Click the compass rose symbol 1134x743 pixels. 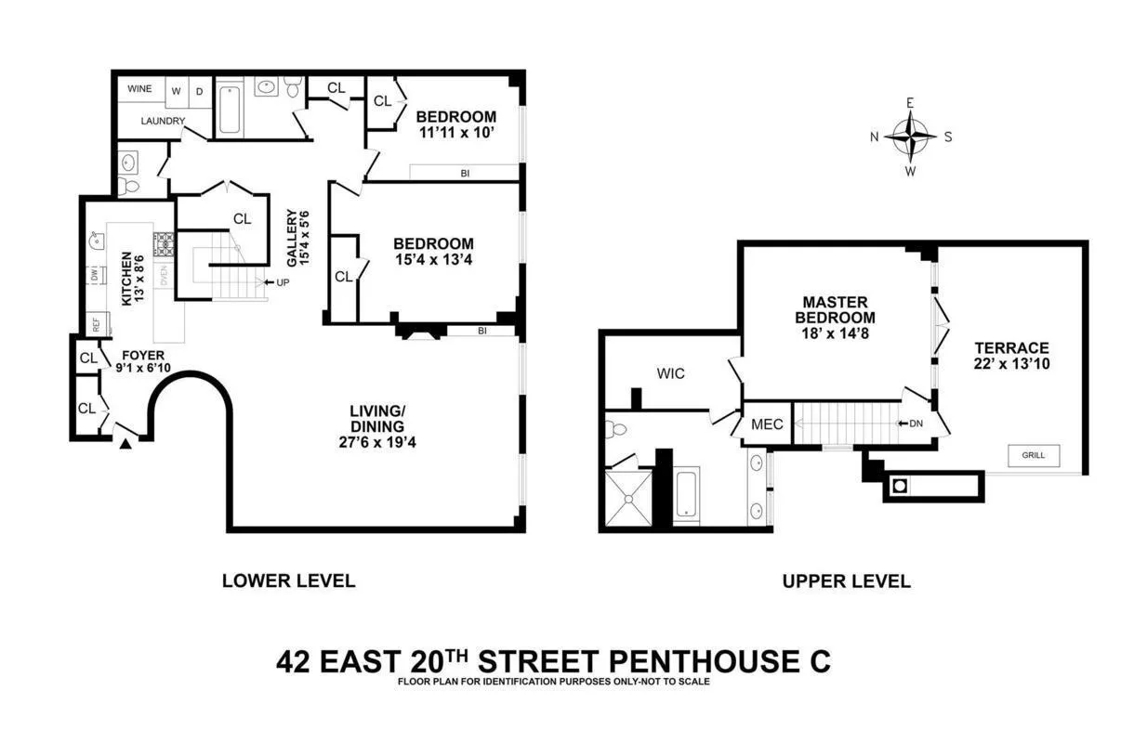pyautogui.click(x=910, y=137)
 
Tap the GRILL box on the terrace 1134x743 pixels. pyautogui.click(x=1034, y=456)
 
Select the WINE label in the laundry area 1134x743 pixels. pyautogui.click(x=138, y=90)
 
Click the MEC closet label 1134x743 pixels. pyautogui.click(x=768, y=424)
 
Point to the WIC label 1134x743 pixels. pyautogui.click(x=670, y=373)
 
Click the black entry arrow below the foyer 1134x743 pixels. pyautogui.click(x=125, y=445)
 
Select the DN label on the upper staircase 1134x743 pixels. pyautogui.click(x=916, y=424)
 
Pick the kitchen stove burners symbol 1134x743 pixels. pyautogui.click(x=164, y=244)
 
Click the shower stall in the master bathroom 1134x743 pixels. pyautogui.click(x=629, y=499)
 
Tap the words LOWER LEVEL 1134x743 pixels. pyautogui.click(x=288, y=581)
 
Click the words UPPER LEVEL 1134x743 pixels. pyautogui.click(x=846, y=582)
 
